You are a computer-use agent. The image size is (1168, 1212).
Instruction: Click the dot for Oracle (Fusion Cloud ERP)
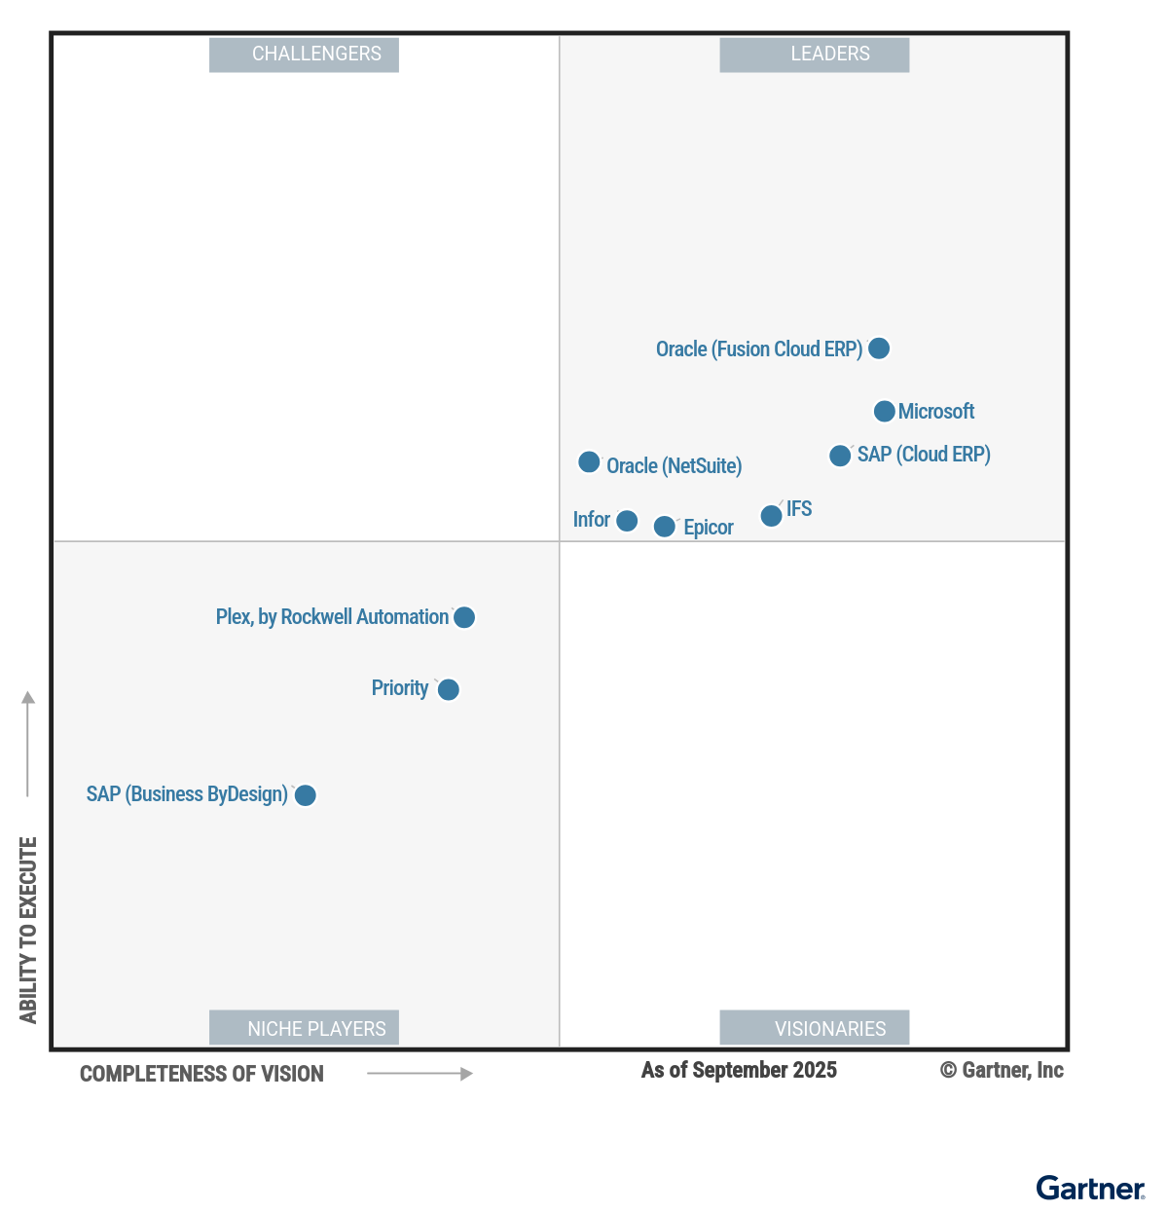coord(878,349)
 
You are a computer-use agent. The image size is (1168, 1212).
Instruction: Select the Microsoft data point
coord(884,412)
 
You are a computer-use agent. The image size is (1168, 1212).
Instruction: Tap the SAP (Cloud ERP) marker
coord(840,456)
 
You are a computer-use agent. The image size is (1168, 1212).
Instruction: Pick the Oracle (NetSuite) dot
coord(589,462)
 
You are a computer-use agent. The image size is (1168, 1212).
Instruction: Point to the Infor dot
coord(627,521)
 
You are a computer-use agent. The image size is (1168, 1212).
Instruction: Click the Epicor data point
coord(664,527)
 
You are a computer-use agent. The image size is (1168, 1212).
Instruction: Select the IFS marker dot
coord(771,516)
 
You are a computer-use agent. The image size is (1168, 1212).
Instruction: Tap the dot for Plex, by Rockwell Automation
coord(464,617)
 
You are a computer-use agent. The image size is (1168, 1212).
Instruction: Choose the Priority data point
coord(448,690)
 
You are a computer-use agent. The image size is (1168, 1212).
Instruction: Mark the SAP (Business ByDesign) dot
coord(305,795)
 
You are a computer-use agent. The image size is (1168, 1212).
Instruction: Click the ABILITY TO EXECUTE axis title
coord(28,930)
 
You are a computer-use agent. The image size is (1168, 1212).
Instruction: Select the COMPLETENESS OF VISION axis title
coord(201,1074)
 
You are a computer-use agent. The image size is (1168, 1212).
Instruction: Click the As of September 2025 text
coord(739,1071)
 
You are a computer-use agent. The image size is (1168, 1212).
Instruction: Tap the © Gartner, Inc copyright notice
coord(1002,1071)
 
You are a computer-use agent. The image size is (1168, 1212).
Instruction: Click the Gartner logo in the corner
coord(1090,1189)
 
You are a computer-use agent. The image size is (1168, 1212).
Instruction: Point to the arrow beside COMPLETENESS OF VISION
coord(420,1074)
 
